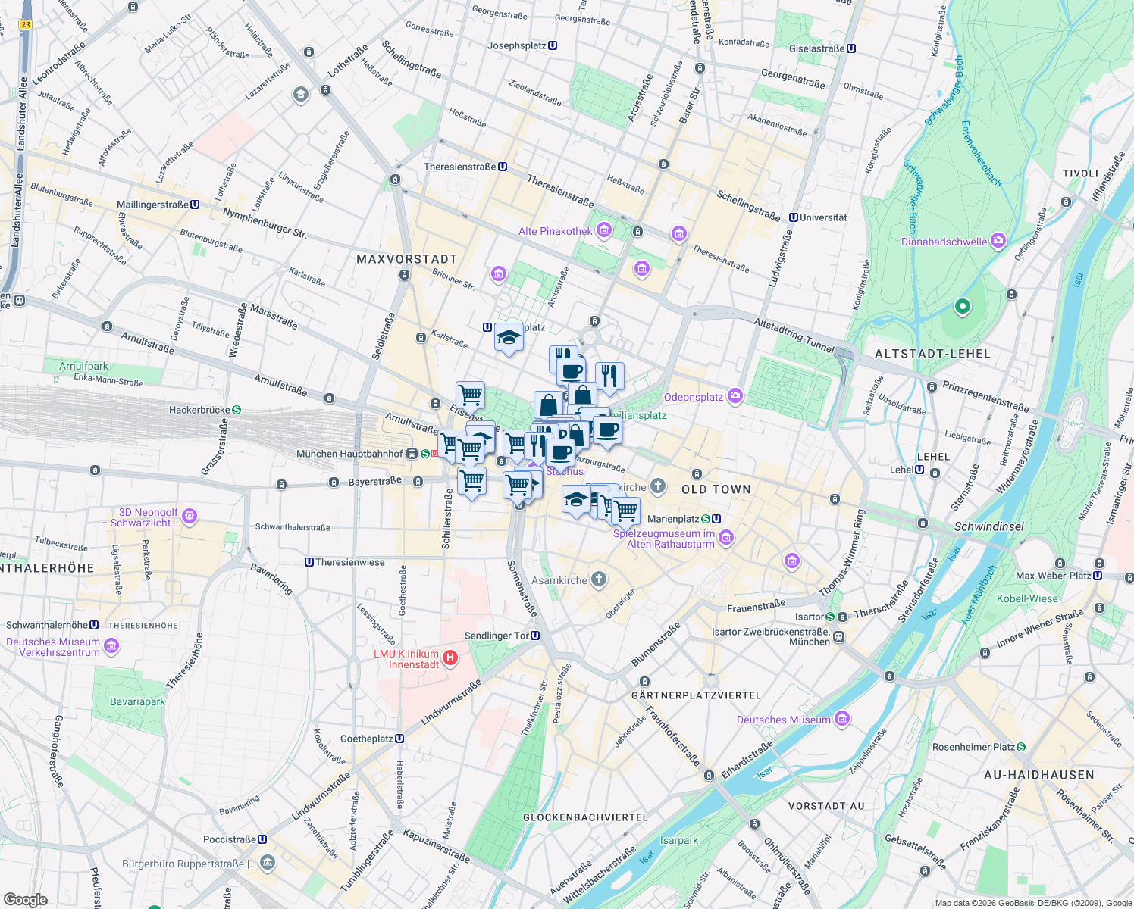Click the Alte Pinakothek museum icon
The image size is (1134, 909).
604,230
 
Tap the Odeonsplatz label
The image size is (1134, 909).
694,397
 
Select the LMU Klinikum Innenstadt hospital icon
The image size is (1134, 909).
450,658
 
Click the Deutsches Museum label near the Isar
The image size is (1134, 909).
783,720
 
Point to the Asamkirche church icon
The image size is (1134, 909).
599,580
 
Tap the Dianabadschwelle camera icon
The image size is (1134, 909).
998,241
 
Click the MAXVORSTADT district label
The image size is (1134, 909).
406,259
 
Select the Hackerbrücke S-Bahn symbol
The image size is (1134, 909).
237,410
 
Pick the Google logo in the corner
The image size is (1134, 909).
26,899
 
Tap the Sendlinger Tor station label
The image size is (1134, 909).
497,636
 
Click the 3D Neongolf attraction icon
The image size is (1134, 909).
190,517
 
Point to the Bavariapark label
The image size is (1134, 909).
137,701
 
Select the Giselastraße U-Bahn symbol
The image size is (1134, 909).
851,48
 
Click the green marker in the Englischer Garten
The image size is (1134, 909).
962,307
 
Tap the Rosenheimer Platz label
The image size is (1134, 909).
973,747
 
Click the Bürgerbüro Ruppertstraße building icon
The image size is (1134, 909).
267,863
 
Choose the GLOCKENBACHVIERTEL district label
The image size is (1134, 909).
585,817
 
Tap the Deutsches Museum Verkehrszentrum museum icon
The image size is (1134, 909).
111,646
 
